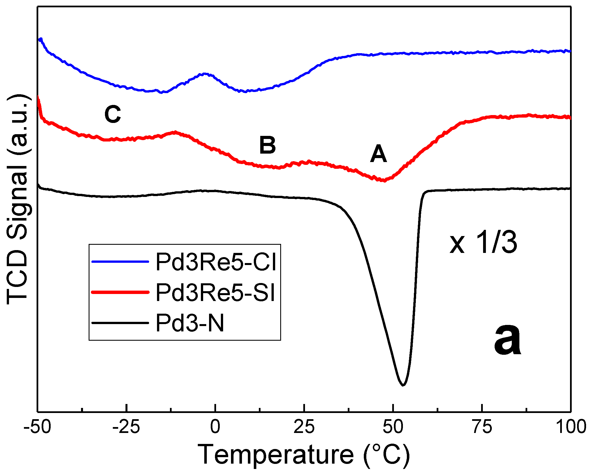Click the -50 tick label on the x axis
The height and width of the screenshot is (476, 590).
tap(37, 427)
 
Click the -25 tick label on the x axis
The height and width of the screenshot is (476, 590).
tap(126, 427)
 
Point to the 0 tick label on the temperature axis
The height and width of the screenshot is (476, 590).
tap(215, 427)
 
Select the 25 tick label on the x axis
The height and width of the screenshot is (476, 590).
tap(304, 427)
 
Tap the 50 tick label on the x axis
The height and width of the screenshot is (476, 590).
tap(393, 427)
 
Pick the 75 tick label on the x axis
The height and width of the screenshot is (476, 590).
tap(482, 427)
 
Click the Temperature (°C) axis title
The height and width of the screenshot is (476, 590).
tap(304, 455)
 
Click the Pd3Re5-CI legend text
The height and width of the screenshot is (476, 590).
tap(216, 262)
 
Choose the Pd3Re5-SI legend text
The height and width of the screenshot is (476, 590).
tap(215, 293)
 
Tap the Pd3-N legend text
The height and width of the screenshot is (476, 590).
tap(190, 323)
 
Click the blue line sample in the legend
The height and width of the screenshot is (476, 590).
tap(120, 262)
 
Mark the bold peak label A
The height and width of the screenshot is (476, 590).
tap(378, 154)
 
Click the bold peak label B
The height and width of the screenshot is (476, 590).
tap(267, 145)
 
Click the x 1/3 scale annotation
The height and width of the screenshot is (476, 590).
tap(483, 243)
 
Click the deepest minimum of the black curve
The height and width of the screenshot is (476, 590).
tap(403, 385)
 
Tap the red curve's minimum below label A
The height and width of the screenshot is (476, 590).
tap(383, 181)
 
